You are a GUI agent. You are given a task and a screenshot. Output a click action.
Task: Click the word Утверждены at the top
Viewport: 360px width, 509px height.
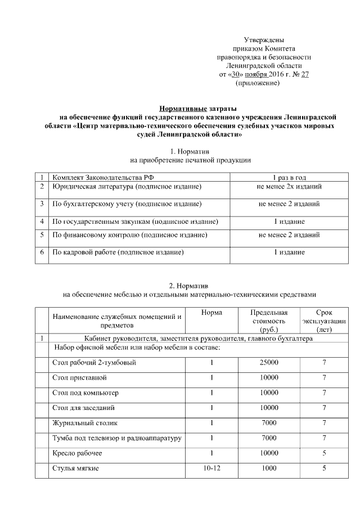click(x=264, y=40)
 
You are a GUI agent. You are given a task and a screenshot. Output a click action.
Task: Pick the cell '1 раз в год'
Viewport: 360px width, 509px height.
click(x=289, y=177)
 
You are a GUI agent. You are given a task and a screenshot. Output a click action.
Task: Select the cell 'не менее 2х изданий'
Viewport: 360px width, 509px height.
click(x=289, y=187)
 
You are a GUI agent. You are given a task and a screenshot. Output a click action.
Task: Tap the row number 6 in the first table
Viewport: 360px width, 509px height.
click(x=42, y=253)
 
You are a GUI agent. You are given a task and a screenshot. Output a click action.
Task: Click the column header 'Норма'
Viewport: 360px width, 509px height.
click(x=211, y=313)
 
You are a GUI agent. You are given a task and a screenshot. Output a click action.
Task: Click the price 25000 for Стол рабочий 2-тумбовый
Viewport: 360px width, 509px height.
click(x=269, y=363)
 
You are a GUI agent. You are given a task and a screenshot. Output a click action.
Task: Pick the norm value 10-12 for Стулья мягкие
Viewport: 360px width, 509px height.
click(x=211, y=468)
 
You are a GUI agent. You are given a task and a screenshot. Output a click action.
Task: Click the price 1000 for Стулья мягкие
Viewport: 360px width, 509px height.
click(x=269, y=468)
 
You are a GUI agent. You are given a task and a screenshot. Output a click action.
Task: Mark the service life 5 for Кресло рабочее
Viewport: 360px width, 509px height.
click(x=324, y=453)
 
